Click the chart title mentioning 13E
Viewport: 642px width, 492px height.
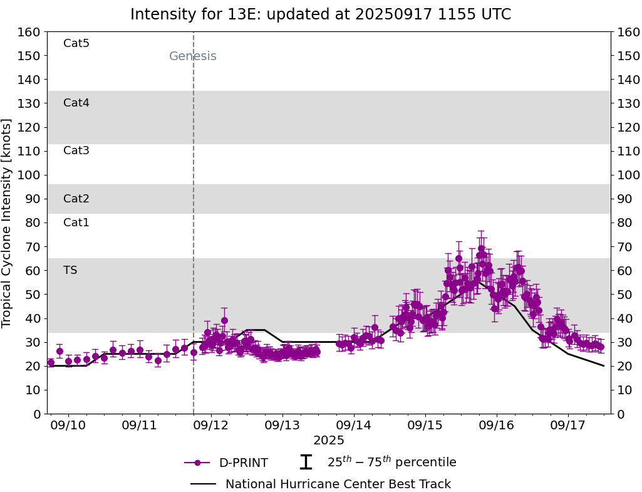[321, 14]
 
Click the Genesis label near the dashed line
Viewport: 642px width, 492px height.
[193, 56]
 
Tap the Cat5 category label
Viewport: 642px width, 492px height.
[76, 43]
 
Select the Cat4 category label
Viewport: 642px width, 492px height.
[76, 103]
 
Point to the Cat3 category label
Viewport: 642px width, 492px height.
[76, 150]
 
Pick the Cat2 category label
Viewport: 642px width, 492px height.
[76, 199]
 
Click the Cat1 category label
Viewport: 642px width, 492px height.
[76, 222]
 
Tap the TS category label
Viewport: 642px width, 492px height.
[70, 270]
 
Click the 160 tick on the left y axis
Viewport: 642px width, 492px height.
[29, 32]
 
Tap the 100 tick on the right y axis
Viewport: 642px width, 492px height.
[628, 175]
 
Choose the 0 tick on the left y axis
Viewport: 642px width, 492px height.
[37, 414]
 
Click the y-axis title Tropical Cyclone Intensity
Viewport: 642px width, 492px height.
[8, 222]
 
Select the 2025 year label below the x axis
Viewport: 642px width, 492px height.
[329, 441]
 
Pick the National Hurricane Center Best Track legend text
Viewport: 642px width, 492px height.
[338, 484]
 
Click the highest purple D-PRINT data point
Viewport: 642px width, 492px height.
[481, 248]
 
